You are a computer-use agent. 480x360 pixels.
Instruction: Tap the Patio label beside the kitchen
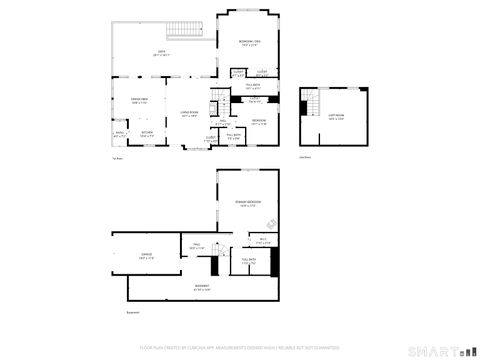click(x=120, y=133)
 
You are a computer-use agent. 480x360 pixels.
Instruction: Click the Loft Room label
click(x=335, y=117)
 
